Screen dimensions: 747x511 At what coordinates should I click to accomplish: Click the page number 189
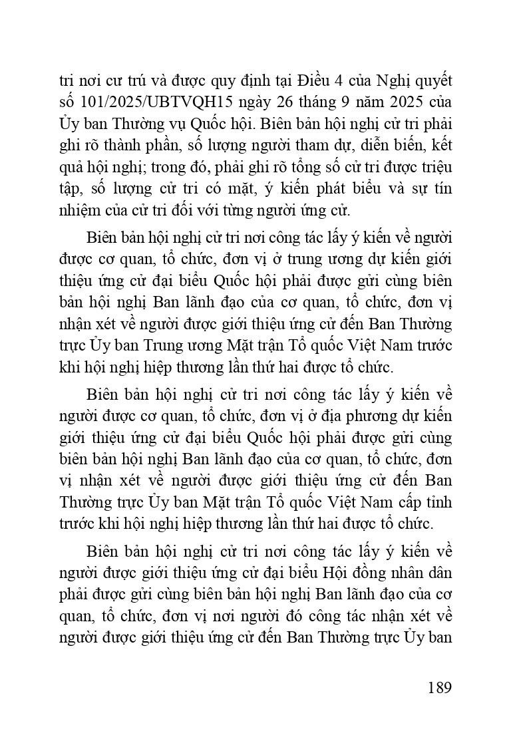tap(436, 687)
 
